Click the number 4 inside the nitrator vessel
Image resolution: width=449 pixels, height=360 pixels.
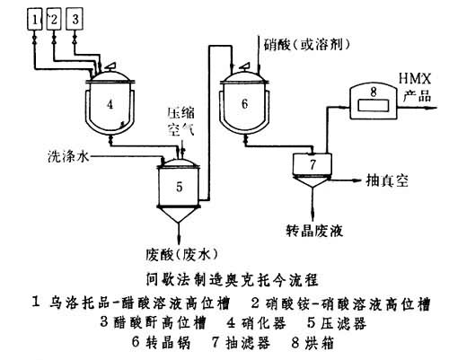coord(110,104)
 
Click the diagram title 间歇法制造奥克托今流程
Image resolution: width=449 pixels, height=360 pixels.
coord(224,278)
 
